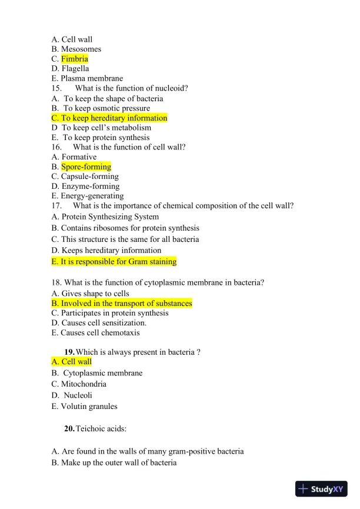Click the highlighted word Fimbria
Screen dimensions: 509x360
pos(75,59)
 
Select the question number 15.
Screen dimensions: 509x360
pos(57,88)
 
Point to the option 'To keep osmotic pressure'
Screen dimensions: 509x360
pos(106,108)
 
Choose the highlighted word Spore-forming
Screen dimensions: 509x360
pos(86,167)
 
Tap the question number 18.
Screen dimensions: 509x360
pos(56,282)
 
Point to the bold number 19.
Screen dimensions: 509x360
pos(69,352)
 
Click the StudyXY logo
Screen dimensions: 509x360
pos(321,488)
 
